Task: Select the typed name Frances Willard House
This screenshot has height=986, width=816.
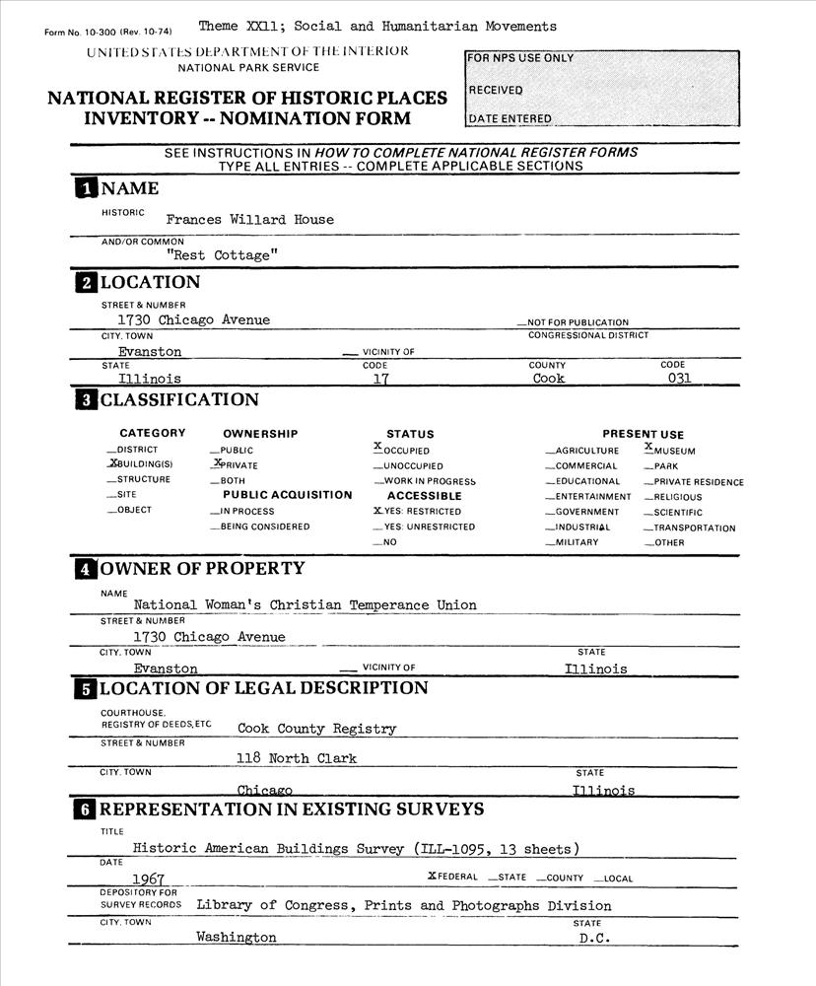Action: tap(250, 220)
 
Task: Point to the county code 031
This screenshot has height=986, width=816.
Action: tap(679, 378)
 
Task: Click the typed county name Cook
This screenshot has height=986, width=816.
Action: tap(548, 378)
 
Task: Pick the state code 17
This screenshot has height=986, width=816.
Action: tap(368, 378)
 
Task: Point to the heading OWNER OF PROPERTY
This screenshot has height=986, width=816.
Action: tap(202, 569)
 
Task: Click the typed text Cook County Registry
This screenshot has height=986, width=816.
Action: tap(316, 730)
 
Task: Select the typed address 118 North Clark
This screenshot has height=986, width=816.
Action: tap(297, 758)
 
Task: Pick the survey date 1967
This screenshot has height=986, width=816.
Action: tap(148, 878)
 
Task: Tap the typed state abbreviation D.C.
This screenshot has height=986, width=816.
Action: tap(595, 938)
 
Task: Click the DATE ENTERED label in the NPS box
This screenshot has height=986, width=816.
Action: tap(510, 119)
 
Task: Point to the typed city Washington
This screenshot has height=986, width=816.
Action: tap(237, 938)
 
